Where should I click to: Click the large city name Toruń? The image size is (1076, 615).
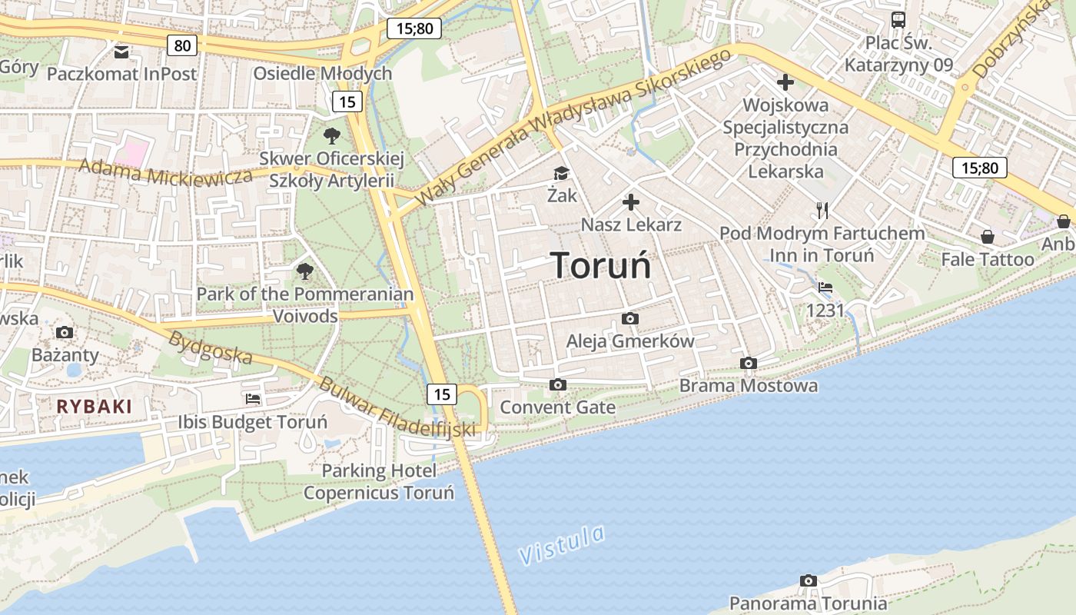[601, 266]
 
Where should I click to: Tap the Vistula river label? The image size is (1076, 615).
[561, 544]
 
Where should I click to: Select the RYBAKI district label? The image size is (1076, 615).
[95, 407]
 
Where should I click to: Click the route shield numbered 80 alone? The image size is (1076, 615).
[182, 45]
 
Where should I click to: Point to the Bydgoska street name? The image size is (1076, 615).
[211, 347]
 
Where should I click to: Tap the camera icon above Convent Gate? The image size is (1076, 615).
[558, 384]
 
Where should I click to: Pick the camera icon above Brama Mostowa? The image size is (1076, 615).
[749, 363]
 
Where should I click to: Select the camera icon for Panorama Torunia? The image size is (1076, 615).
[808, 581]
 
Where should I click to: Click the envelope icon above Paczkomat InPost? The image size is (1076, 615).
[121, 52]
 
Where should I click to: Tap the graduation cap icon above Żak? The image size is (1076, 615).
[562, 174]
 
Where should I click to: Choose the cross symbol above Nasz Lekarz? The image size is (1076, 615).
[631, 202]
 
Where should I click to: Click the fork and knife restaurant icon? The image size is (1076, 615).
[822, 210]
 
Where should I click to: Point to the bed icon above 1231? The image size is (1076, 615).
[825, 288]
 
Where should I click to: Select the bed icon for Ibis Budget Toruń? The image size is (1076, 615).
[253, 399]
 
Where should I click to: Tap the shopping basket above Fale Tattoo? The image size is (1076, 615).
[988, 237]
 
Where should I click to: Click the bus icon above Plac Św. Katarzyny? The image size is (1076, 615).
[898, 20]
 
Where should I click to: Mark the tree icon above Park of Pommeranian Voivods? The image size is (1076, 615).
[305, 271]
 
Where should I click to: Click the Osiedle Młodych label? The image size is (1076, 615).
[323, 73]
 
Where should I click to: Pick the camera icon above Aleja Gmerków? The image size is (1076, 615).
[630, 318]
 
